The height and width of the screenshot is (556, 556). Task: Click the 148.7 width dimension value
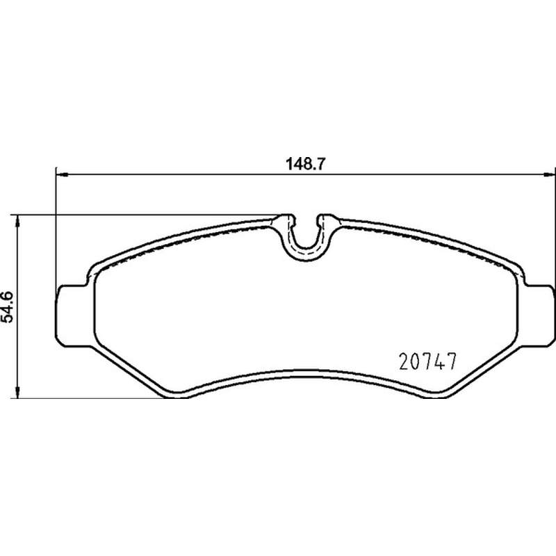coord(305,164)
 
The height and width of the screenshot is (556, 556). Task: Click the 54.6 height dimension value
coord(7,307)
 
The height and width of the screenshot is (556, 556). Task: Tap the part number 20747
coord(427,361)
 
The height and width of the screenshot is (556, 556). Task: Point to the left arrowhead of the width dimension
coord(62,174)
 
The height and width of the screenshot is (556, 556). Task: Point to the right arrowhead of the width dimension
coord(549,174)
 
